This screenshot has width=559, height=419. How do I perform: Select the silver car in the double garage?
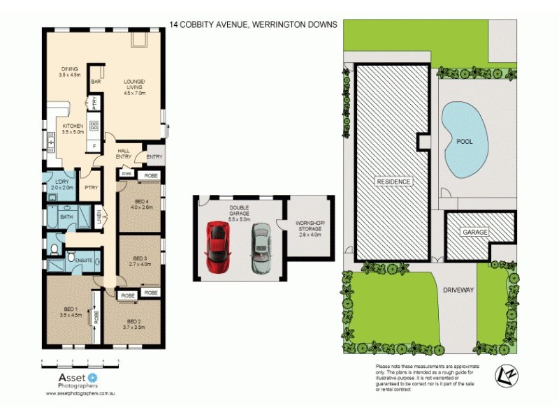point(261,247)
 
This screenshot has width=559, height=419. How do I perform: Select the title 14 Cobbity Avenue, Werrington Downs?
point(254,24)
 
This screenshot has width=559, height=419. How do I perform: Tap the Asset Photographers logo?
point(72,379)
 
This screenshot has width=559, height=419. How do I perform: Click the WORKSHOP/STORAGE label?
point(310,228)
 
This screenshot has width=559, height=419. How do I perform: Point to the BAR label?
point(95,82)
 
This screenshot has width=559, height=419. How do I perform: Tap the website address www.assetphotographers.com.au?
point(80,393)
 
